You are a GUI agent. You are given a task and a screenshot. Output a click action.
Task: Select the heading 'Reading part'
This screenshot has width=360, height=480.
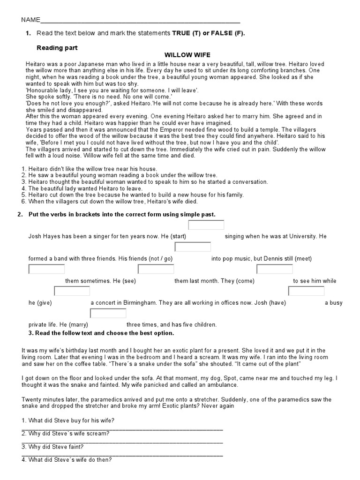pyautogui.click(x=57, y=48)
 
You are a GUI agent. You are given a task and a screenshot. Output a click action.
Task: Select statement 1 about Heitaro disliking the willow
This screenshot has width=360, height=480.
pyautogui.click(x=90, y=169)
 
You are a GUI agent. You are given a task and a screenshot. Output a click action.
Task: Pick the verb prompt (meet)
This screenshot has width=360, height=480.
pyautogui.click(x=300, y=259)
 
